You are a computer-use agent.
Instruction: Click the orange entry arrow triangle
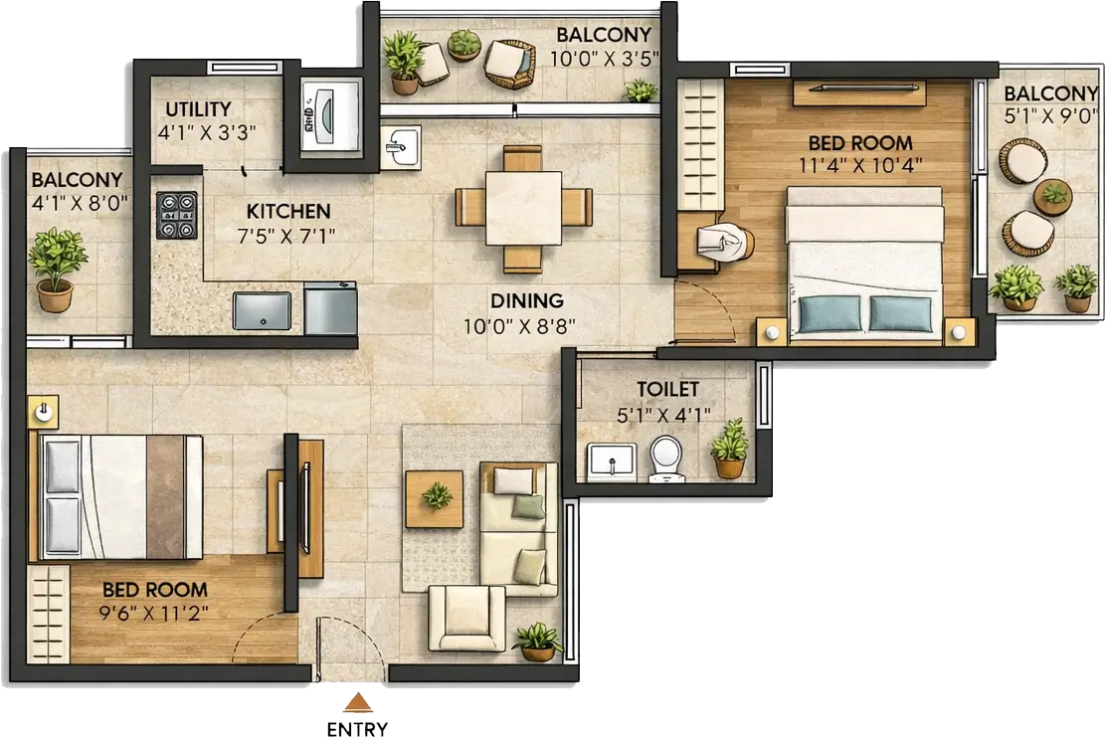tap(358, 702)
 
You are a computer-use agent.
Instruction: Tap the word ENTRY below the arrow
tap(357, 728)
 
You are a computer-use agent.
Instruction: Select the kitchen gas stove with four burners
tap(177, 216)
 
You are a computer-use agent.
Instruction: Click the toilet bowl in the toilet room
tap(665, 458)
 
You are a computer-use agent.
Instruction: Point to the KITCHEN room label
tap(288, 212)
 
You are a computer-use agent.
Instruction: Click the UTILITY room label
tap(198, 109)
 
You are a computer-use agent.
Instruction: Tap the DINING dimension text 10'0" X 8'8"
tap(519, 326)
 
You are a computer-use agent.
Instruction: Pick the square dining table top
tap(523, 209)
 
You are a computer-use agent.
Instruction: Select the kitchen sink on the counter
tap(263, 310)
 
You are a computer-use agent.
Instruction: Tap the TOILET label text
tap(667, 389)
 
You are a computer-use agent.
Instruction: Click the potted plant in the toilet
tap(729, 449)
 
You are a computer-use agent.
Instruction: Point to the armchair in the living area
tap(467, 618)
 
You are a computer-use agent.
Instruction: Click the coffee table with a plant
tap(435, 499)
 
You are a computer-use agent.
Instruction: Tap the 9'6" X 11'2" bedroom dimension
tap(153, 614)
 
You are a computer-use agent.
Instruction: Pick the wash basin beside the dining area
tap(400, 148)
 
